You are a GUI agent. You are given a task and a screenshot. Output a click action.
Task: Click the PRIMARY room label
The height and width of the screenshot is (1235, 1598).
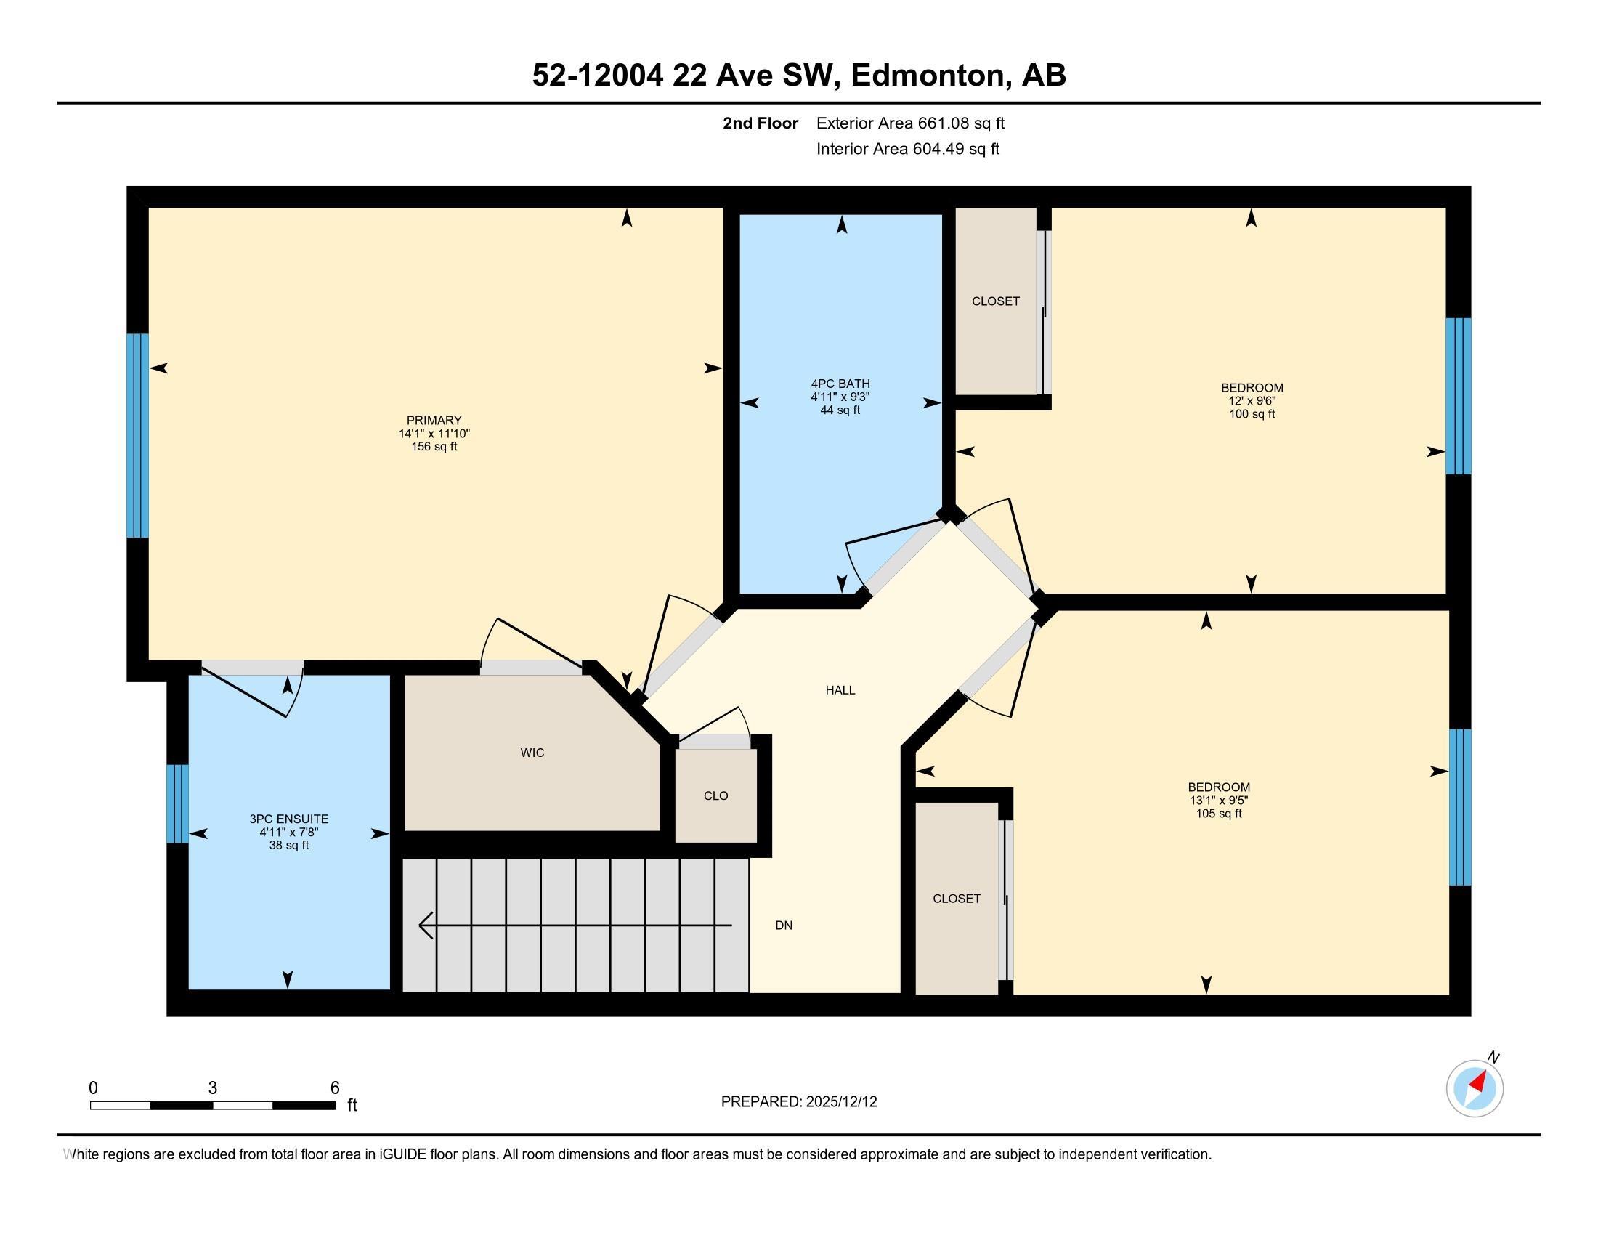tap(434, 420)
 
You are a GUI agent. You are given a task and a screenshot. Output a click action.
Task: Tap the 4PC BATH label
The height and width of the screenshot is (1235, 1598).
tap(840, 384)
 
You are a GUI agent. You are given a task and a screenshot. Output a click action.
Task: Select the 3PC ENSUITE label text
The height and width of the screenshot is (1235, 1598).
tap(288, 819)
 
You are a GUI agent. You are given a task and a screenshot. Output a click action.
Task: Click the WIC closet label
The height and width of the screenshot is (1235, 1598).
tap(532, 753)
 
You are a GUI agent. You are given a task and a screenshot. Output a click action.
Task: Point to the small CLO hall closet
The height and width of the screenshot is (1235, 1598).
tap(715, 796)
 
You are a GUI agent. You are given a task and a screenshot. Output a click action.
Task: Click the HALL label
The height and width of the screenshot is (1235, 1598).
tap(840, 690)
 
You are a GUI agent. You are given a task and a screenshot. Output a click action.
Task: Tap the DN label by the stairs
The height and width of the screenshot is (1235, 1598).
tap(784, 926)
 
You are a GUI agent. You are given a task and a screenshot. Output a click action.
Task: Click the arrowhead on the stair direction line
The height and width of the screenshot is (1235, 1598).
tap(424, 926)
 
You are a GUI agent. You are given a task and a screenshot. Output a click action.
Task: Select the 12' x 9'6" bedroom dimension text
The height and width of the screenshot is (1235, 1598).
tap(1252, 401)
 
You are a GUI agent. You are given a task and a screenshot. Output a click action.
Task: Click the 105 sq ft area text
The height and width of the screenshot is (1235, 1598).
tap(1218, 814)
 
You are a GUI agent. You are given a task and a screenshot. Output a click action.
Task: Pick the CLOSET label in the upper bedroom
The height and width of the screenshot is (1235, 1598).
tap(995, 301)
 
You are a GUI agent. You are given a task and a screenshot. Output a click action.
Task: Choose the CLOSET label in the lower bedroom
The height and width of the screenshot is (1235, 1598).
tap(957, 899)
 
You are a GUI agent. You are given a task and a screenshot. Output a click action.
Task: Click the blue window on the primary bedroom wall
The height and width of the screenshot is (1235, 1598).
tap(137, 436)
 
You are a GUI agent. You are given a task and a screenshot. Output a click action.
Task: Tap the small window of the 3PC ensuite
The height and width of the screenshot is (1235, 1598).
tap(177, 803)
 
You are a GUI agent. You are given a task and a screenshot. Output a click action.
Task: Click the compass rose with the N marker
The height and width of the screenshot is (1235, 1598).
tap(1475, 1088)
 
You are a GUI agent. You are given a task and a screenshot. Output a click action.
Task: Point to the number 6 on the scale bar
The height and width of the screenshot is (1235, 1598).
tap(335, 1088)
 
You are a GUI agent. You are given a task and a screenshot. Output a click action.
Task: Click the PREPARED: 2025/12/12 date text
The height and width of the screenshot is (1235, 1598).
tap(798, 1102)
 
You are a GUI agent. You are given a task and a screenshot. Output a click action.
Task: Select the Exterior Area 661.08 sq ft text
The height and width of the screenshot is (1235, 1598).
tap(910, 123)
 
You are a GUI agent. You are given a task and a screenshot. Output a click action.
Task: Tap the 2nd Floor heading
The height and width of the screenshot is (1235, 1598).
tap(761, 123)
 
